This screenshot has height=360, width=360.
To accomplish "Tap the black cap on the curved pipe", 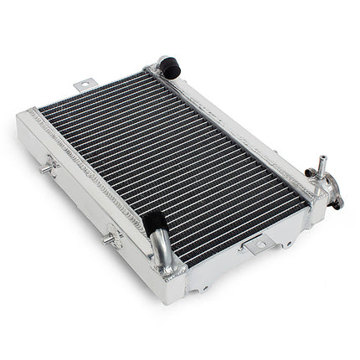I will tap(153, 223).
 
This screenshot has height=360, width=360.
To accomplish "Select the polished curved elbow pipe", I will tap(161, 249).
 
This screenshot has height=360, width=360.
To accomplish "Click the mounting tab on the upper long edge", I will tap(85, 85).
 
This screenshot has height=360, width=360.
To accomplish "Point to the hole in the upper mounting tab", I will tap(85, 83).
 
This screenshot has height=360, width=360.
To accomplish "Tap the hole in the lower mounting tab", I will tap(259, 244).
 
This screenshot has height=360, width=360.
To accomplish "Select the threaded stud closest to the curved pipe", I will tap(109, 239).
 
